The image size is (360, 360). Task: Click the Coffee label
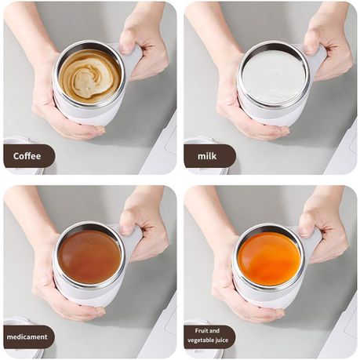pyautogui.click(x=28, y=156)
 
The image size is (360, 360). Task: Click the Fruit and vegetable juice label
pyautogui.click(x=209, y=336)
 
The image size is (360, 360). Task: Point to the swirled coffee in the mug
pyautogui.click(x=89, y=75)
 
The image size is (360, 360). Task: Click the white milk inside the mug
pyautogui.click(x=272, y=76)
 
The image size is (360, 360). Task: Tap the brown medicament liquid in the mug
pyautogui.click(x=89, y=256)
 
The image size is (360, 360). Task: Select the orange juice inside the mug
pyautogui.click(x=270, y=257)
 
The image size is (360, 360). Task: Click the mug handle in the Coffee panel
pyautogui.click(x=133, y=59)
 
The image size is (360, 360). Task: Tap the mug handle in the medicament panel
pyautogui.click(x=133, y=239)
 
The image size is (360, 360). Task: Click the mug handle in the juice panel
pyautogui.click(x=313, y=240)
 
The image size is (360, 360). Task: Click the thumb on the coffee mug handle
pyautogui.click(x=129, y=44)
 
